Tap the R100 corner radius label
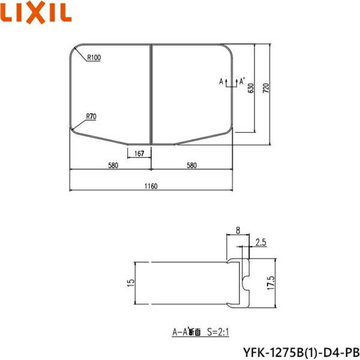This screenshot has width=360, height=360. click(x=94, y=58)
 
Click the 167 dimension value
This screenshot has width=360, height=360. click(x=139, y=154)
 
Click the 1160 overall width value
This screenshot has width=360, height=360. click(x=150, y=187)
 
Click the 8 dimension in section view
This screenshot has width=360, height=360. click(x=238, y=229)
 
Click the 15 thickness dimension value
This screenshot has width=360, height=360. click(x=130, y=282)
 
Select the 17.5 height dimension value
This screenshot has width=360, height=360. click(x=271, y=282)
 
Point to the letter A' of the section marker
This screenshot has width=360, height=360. click(x=242, y=81)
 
